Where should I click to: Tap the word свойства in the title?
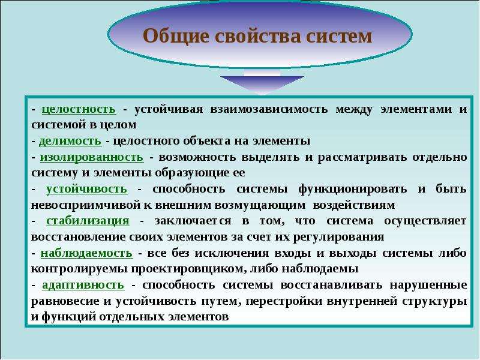pos(258,36)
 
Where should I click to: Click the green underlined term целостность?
pos(79,109)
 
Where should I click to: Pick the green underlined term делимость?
pos(70,141)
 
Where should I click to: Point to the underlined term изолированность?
pos(92,157)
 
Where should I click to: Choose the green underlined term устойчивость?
pos(86,189)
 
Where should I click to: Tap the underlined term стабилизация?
pos(88,221)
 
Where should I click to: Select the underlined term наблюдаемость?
pos(86,253)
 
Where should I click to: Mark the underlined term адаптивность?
pos(83,285)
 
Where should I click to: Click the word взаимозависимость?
pos(269,109)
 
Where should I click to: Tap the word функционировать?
pos(353,189)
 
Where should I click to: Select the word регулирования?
pos(338,237)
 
